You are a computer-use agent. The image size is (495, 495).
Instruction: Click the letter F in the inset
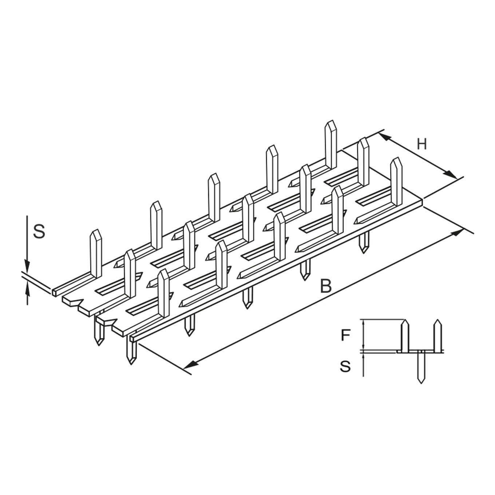345,335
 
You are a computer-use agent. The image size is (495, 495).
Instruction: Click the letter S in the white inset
345,366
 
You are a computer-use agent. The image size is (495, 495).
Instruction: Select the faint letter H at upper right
421,145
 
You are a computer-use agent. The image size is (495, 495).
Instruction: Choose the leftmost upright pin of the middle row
130,273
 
